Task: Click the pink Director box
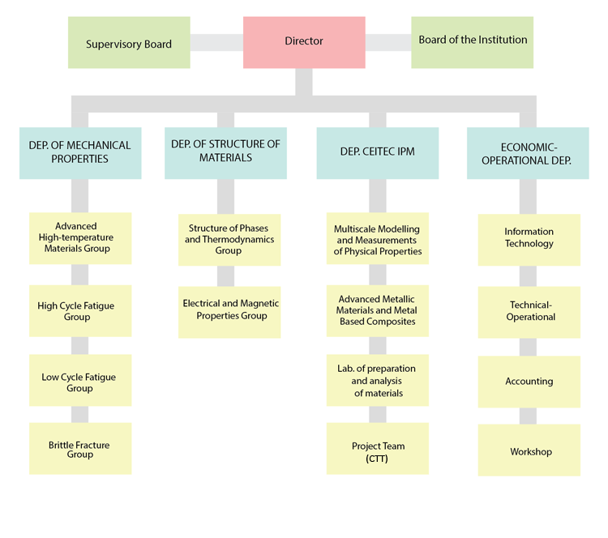(304, 41)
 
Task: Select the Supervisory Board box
(129, 43)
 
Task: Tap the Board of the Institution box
(473, 41)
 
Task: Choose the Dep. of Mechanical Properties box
(80, 152)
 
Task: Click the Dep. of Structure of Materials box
(225, 152)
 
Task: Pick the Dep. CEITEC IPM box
(377, 152)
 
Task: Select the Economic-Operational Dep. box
(528, 153)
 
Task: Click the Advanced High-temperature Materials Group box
(80, 238)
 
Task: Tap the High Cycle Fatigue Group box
(80, 311)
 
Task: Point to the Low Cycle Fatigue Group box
(80, 381)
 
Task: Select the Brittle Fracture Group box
(80, 449)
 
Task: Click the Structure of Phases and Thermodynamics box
(229, 240)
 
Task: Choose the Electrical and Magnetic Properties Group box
(229, 311)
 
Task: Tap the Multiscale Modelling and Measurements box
(377, 241)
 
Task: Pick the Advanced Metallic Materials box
(377, 310)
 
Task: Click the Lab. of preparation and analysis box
(377, 380)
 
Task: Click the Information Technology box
(529, 239)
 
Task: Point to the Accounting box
(529, 382)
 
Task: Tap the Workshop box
(529, 450)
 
